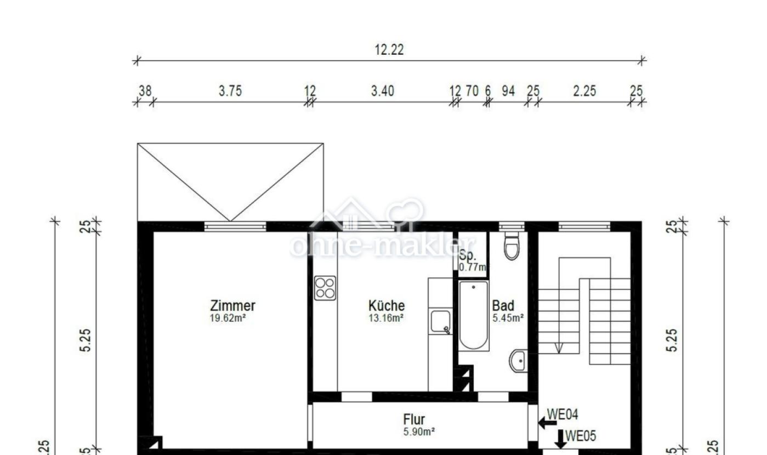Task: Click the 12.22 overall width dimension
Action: click(389, 50)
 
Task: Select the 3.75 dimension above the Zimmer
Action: click(230, 92)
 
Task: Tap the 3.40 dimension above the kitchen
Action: click(382, 92)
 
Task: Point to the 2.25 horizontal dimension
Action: click(584, 92)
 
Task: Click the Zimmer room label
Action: click(232, 306)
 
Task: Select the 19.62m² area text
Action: click(228, 317)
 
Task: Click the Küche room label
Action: click(387, 306)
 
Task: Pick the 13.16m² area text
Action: click(387, 317)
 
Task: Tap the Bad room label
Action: click(503, 306)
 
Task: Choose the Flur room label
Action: click(414, 420)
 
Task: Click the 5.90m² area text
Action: click(419, 432)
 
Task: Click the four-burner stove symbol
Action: click(325, 288)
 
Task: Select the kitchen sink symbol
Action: click(440, 322)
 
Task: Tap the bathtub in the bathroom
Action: click(474, 316)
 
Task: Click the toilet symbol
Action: click(512, 246)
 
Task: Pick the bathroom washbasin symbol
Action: click(519, 361)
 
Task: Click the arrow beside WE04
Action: click(547, 423)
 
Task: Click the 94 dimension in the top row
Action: click(509, 92)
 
